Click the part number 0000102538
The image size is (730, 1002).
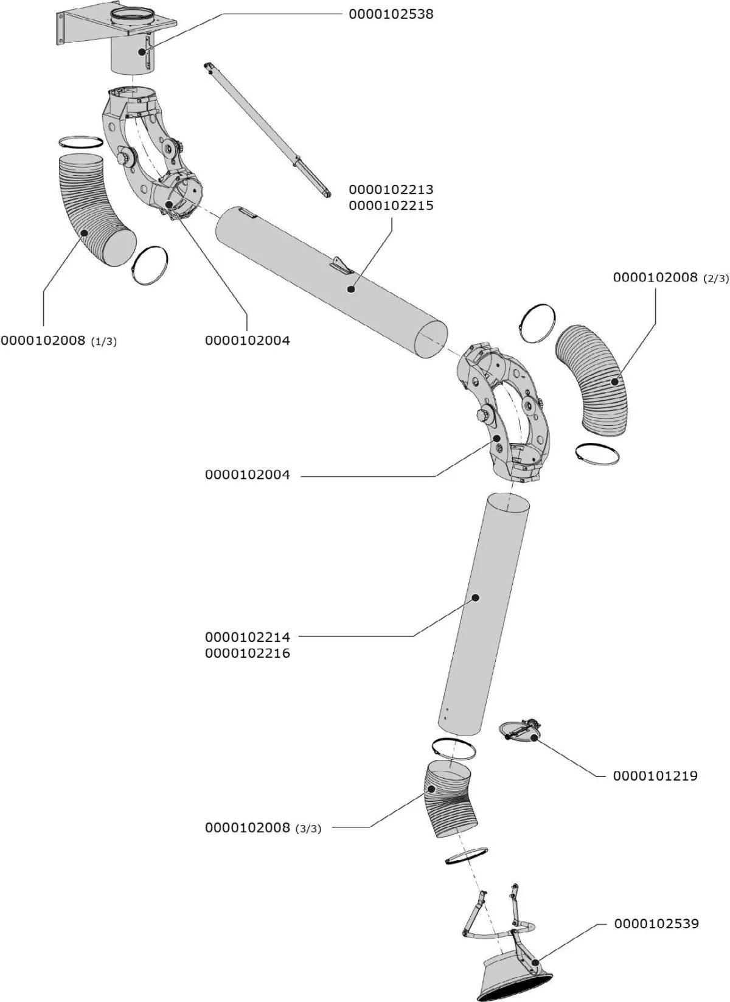pos(391,15)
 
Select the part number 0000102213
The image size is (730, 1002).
pos(391,190)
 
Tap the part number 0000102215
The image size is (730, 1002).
pos(391,206)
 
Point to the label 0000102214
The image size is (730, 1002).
pos(248,637)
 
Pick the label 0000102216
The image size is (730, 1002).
pos(248,653)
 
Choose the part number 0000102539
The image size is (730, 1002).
pos(656,924)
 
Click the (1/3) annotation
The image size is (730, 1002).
pos(104,342)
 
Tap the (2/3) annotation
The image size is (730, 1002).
pos(715,279)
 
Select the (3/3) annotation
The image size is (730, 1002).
pos(308,829)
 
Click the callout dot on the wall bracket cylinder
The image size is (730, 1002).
pos(142,52)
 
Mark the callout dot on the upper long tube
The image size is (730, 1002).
pos(351,290)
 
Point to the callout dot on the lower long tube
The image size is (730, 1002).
pos(476,597)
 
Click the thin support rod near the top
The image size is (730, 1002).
pos(268,130)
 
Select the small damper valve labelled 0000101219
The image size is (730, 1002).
pos(520,731)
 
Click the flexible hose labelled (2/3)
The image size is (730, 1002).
pos(591,380)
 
